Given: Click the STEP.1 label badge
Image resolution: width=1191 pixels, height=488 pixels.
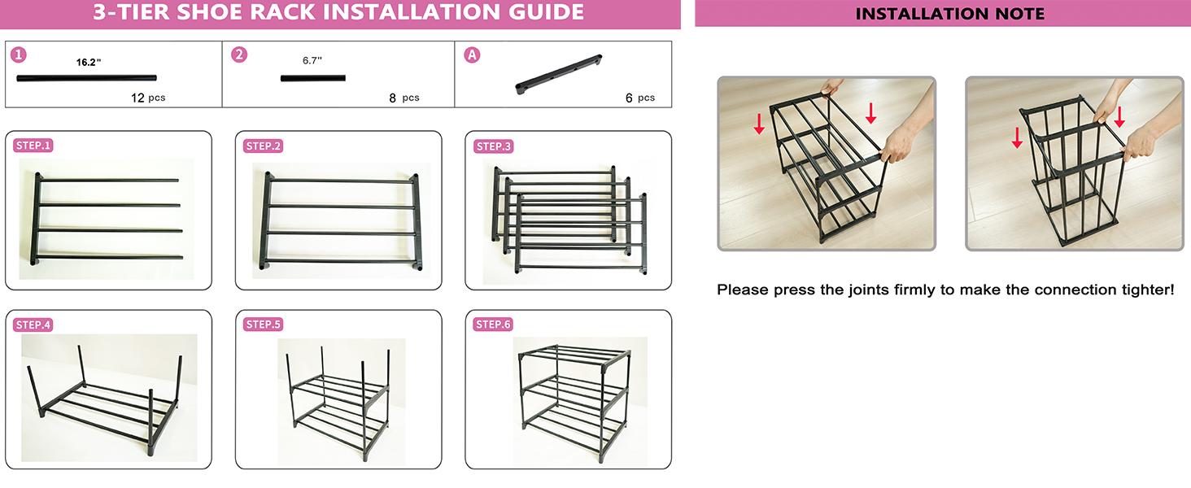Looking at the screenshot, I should point(33,146).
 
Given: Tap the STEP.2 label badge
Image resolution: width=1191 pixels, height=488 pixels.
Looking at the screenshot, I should point(263,146).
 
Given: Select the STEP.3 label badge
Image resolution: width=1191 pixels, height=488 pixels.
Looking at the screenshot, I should point(493,146).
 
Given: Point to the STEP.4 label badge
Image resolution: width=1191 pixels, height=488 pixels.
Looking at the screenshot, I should point(33,325).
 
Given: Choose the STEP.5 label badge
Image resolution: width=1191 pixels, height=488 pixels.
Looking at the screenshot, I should point(263,325).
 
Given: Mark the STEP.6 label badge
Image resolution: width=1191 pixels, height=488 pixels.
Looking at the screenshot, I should point(493,325).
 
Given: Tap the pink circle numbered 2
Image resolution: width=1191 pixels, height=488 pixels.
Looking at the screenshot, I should point(239,54).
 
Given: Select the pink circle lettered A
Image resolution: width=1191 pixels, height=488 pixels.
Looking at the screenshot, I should point(471,54).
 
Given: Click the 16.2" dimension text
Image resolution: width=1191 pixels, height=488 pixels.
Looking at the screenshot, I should point(88,62).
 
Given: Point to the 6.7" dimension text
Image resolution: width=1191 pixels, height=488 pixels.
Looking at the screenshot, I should point(312,60).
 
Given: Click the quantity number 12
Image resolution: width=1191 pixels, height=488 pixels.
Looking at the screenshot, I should point(137,98).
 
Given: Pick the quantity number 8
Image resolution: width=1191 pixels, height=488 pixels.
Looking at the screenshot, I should point(392,98).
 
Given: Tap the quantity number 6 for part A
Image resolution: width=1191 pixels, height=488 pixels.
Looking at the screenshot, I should point(629,98).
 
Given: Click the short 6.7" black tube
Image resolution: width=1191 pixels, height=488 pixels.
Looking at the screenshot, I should point(313,79).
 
